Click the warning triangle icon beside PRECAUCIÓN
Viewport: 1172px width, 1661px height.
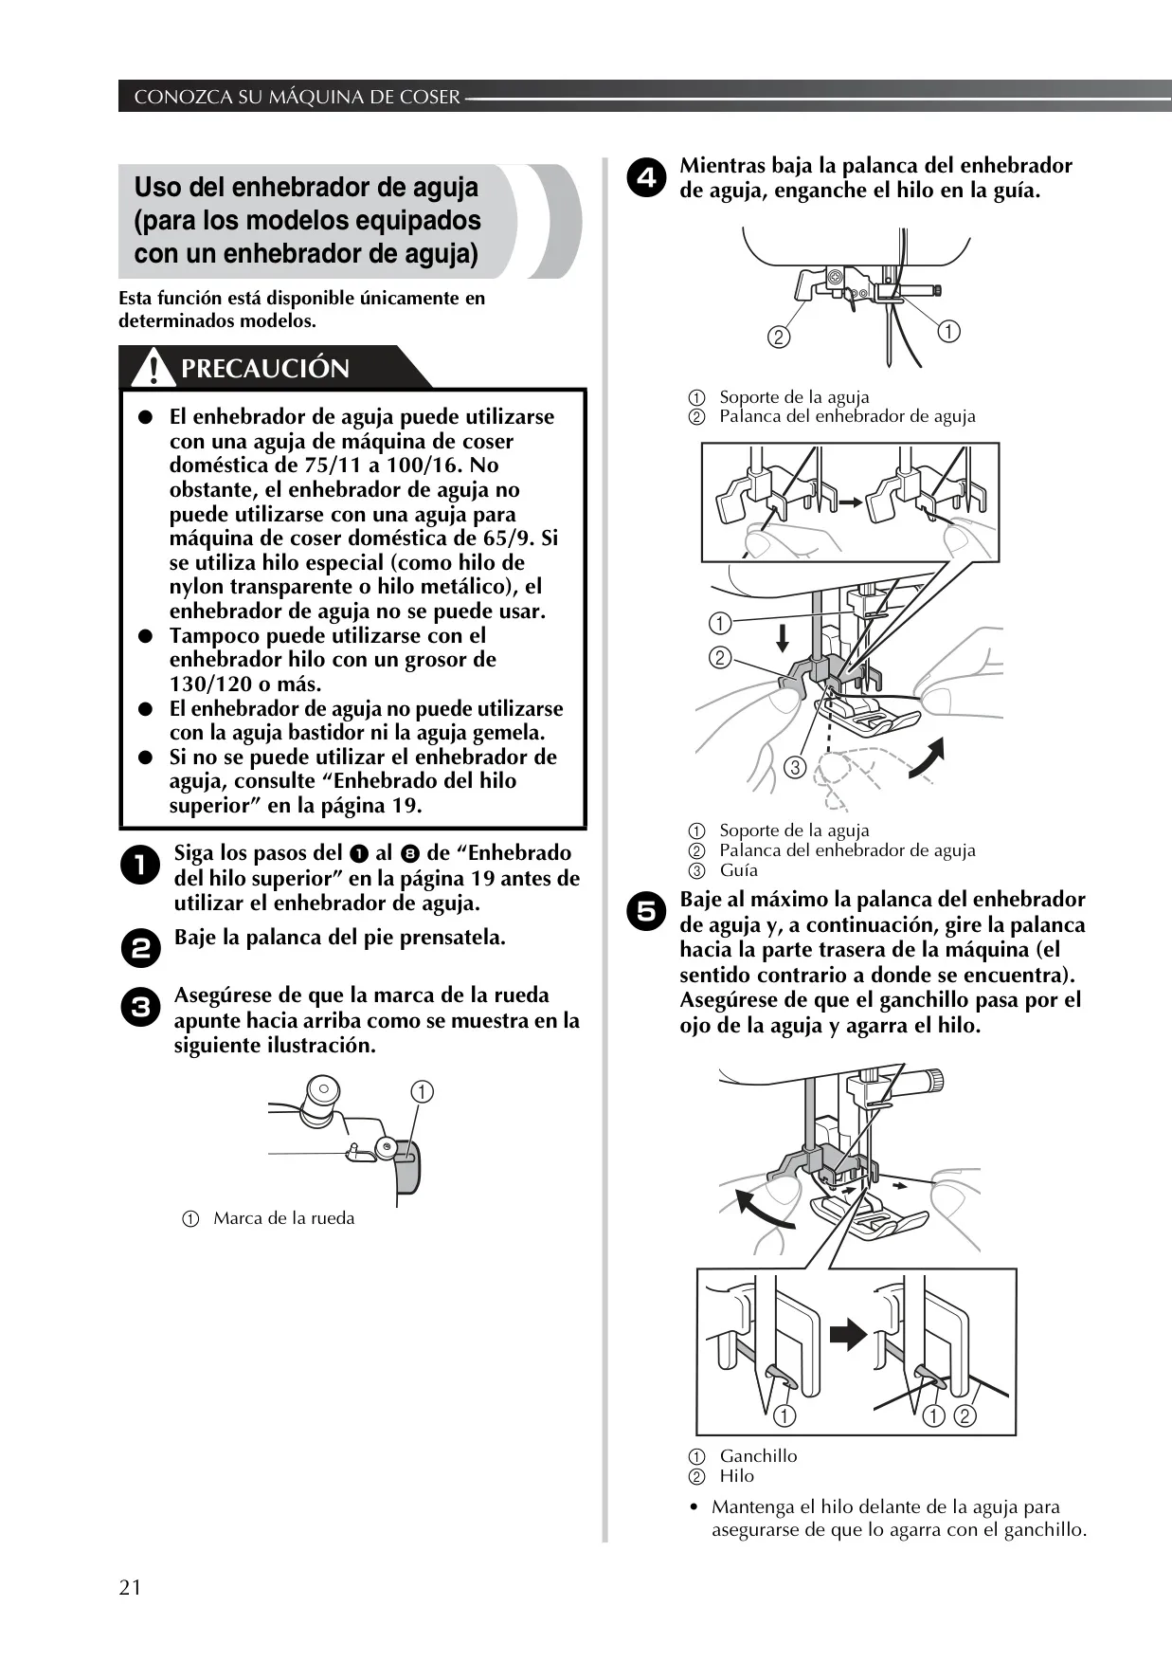(147, 368)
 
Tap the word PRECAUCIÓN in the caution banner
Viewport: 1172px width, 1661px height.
(265, 368)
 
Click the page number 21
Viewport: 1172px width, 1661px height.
(130, 1588)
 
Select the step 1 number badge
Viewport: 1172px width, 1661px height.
(141, 867)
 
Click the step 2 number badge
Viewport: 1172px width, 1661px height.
(141, 950)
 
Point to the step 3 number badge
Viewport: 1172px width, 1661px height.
(141, 1007)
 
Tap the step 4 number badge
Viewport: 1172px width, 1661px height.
(646, 179)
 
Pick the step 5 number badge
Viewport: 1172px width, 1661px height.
(646, 912)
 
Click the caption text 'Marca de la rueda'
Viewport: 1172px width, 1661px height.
(284, 1218)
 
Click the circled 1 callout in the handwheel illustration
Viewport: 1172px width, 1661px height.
(422, 1092)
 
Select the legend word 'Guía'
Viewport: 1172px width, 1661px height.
(739, 870)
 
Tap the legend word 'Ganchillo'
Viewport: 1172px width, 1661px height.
(758, 1456)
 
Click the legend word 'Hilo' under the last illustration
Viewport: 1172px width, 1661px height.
(737, 1476)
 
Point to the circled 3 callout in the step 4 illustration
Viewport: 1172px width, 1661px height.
(795, 767)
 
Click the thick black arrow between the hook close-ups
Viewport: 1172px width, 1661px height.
(848, 1335)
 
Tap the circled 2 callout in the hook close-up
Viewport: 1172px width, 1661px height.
(965, 1416)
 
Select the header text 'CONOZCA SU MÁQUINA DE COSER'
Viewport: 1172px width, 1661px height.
(297, 97)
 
